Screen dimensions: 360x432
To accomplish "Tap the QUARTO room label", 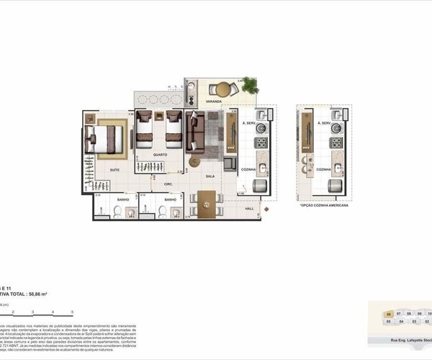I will [x=161, y=155].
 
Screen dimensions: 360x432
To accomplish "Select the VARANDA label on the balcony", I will [x=213, y=102].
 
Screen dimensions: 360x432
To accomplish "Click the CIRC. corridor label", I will [x=168, y=184].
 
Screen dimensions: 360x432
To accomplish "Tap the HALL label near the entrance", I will [x=250, y=209].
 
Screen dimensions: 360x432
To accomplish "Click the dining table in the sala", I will [x=207, y=203].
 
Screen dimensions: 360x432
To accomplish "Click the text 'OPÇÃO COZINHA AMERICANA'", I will [x=324, y=206].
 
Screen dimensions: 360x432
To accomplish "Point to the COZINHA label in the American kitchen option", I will [x=323, y=170].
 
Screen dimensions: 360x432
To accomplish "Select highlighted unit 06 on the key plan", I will [x=389, y=314].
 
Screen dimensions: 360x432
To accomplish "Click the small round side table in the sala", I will [x=228, y=164].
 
